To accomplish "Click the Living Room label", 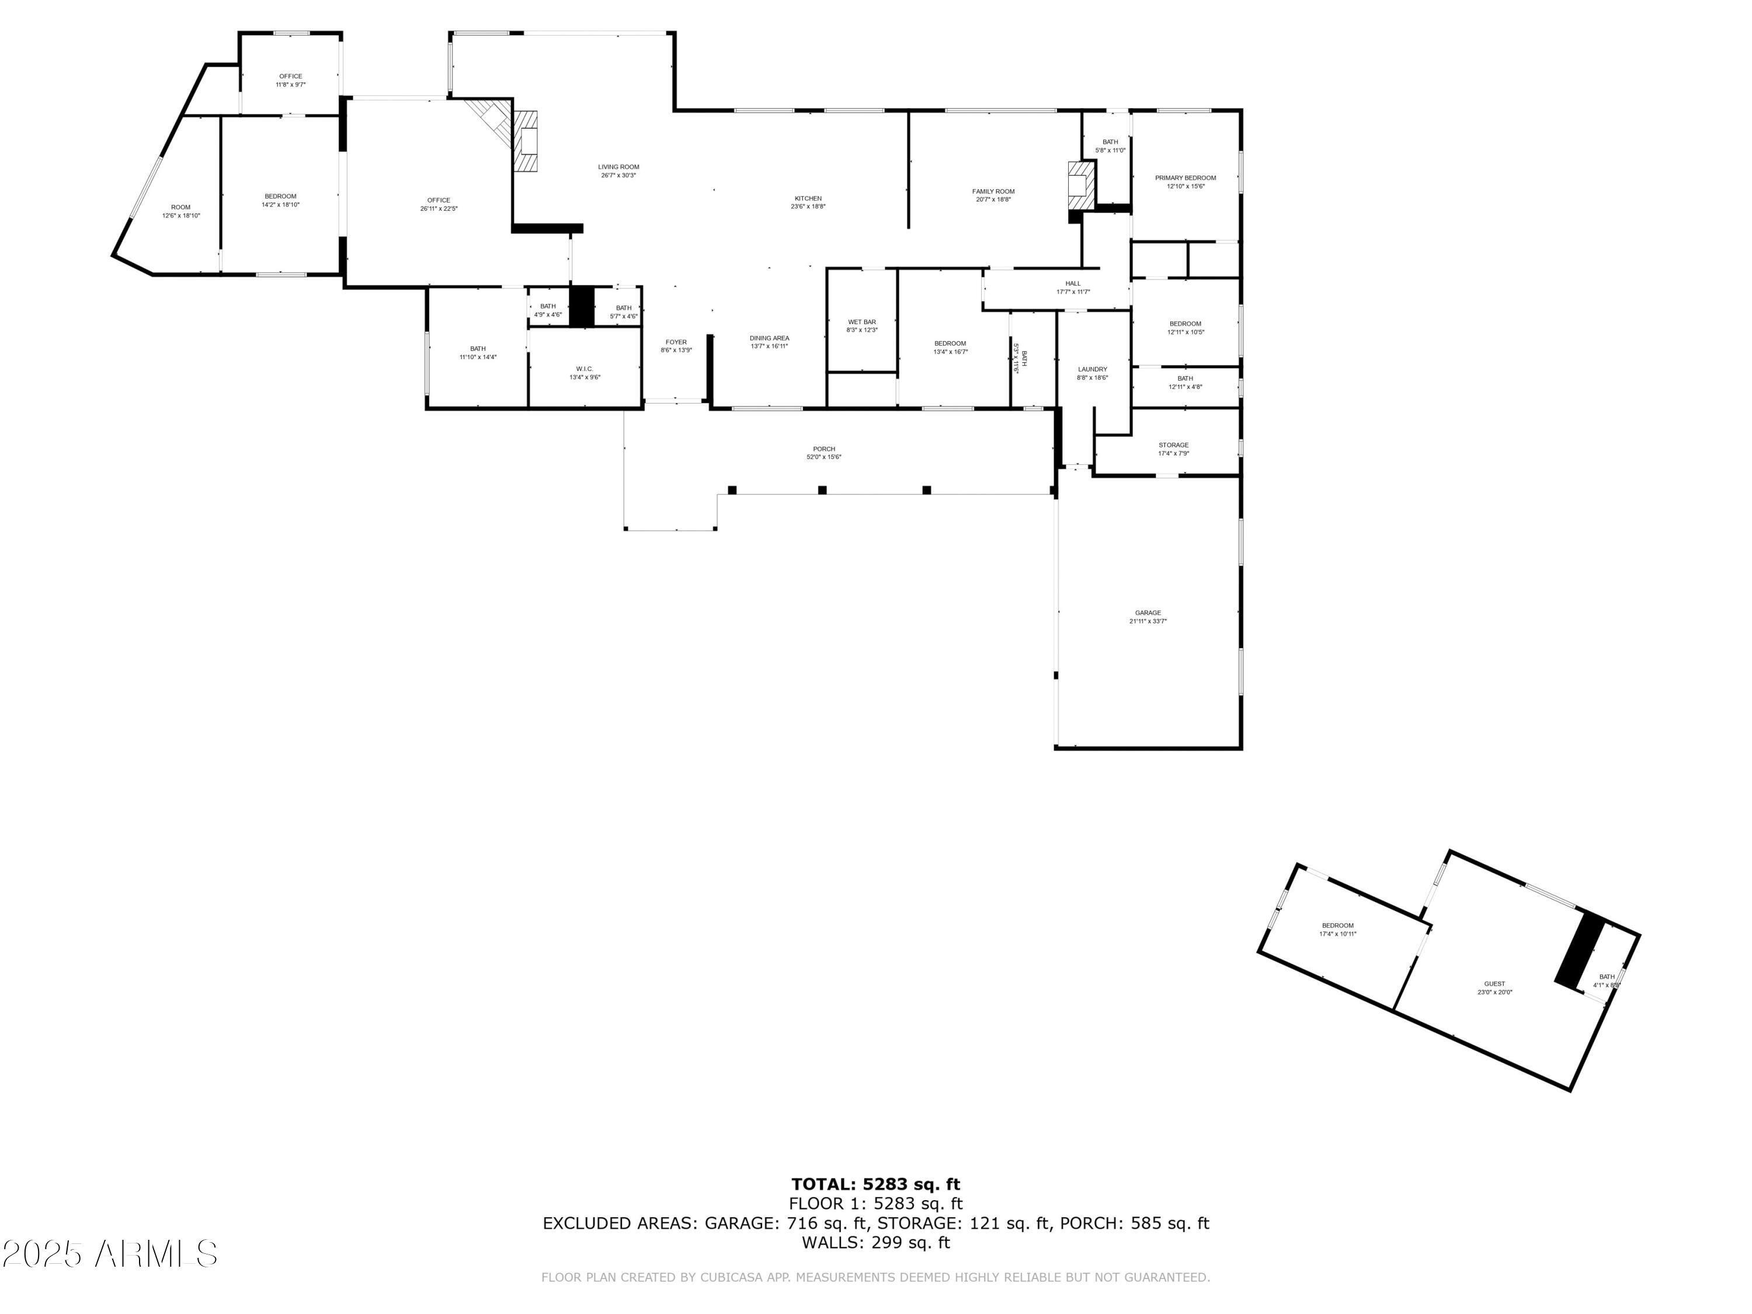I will [x=618, y=167].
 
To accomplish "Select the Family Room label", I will [x=993, y=192].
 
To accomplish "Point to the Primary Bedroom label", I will [x=1185, y=178].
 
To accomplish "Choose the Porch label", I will [x=823, y=449].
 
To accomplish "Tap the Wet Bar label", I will [x=862, y=322].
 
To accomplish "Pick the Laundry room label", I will [x=1092, y=370].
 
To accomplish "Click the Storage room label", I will [x=1173, y=445].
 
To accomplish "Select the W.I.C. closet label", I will [x=585, y=369].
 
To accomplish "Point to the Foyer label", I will [x=676, y=342].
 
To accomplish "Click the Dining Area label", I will [x=769, y=338].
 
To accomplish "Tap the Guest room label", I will [x=1494, y=983].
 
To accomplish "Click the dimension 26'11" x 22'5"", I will [x=439, y=209].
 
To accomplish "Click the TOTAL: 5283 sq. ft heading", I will [x=875, y=1184].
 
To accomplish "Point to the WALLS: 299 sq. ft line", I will [x=875, y=1243].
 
